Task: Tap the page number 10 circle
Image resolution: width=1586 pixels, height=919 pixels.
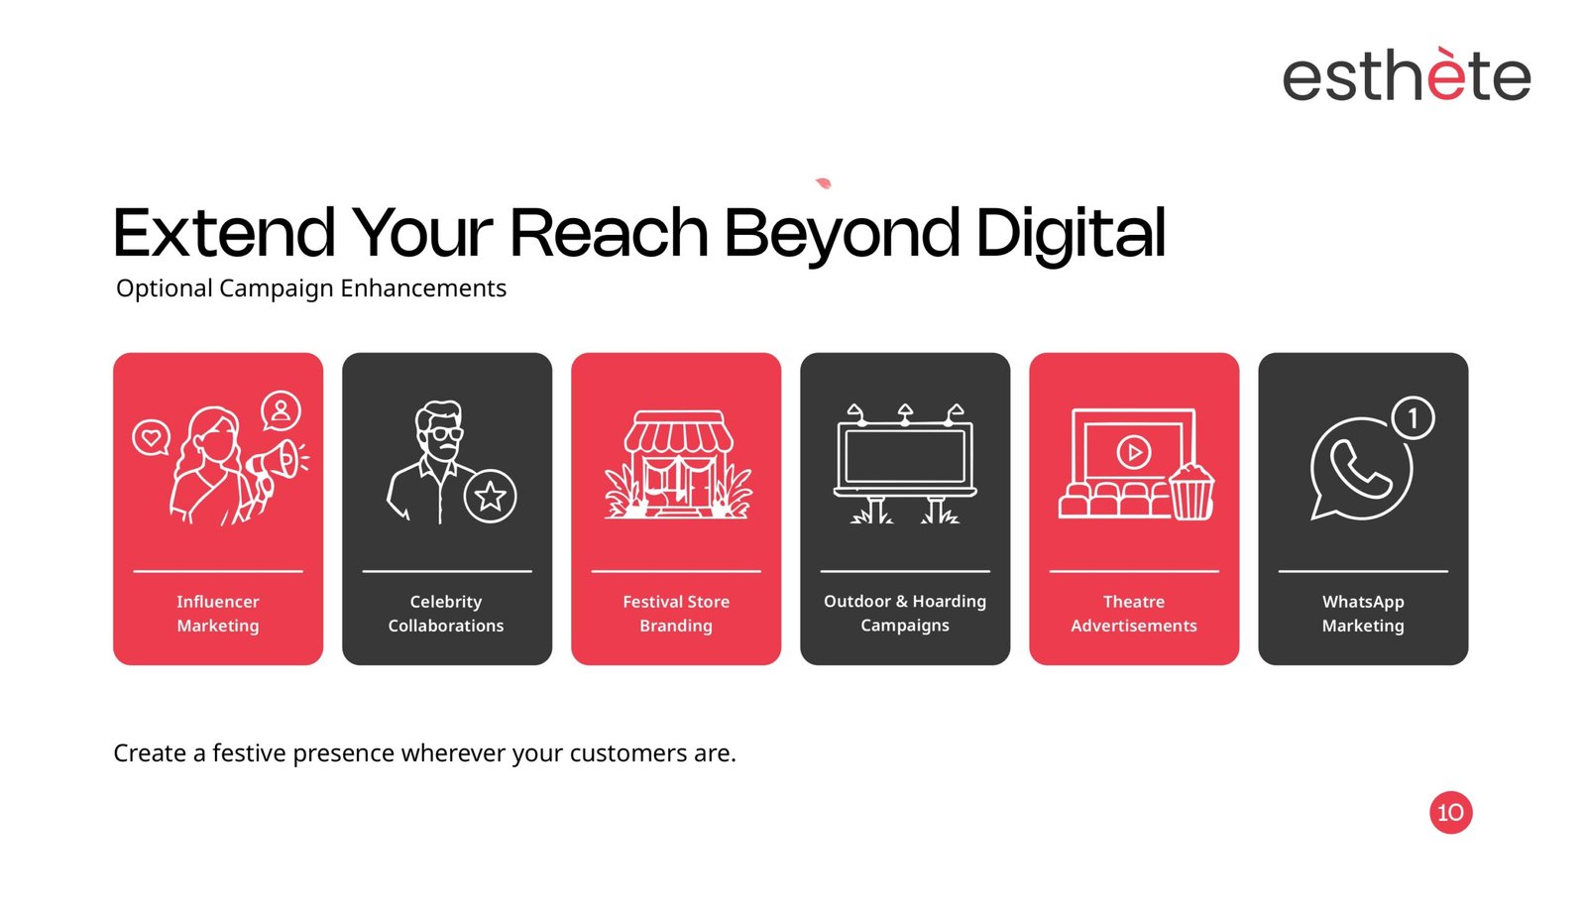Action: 1451,812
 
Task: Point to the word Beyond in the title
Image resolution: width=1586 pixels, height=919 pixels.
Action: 842,234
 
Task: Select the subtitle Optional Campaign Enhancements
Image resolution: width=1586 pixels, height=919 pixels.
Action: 311,288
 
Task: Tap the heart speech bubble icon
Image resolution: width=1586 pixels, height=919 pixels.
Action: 151,438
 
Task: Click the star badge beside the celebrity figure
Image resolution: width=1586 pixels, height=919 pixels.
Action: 490,496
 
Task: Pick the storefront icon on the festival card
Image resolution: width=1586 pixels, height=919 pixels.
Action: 678,464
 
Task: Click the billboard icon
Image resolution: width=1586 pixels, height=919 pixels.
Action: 905,464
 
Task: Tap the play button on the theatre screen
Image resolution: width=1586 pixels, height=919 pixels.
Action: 1134,452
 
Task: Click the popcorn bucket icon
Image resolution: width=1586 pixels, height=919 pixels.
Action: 1190,491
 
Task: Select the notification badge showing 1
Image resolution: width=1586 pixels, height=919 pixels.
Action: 1413,417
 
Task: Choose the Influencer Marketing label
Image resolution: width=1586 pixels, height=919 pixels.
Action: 218,613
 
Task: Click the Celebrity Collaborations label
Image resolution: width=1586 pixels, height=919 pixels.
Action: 446,613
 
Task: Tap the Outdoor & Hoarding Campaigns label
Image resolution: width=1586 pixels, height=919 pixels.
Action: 905,613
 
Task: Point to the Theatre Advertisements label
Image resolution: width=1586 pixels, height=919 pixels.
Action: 1134,613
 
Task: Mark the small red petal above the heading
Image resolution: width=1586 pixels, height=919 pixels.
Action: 824,183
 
